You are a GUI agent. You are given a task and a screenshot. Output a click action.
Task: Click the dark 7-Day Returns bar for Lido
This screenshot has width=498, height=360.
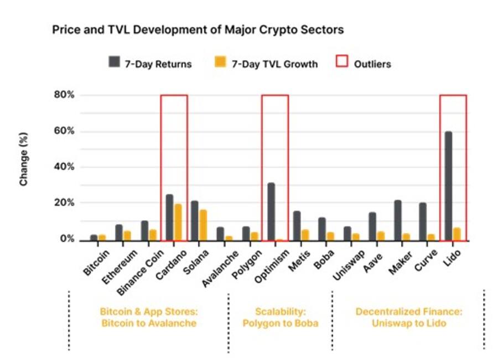pos(448,186)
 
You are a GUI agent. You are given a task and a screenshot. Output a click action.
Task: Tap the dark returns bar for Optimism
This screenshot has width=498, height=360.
pos(271,212)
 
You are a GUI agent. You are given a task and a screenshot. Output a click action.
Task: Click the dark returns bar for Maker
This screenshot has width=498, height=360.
pos(398,220)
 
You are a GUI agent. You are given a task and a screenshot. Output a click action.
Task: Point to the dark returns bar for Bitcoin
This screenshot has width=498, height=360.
pos(94,237)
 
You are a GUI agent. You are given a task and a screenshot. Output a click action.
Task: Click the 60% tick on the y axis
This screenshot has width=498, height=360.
pos(63,131)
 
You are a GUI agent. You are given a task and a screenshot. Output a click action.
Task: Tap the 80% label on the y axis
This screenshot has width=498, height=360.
pos(63,95)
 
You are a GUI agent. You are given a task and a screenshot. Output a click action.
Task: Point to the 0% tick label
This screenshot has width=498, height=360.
pos(66,239)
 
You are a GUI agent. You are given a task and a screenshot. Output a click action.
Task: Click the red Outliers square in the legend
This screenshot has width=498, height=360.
pos(342,62)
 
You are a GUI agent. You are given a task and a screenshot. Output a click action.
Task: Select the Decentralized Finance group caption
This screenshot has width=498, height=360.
pos(408,317)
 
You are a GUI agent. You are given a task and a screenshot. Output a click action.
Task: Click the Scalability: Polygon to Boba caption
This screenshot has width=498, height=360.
pos(280,317)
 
